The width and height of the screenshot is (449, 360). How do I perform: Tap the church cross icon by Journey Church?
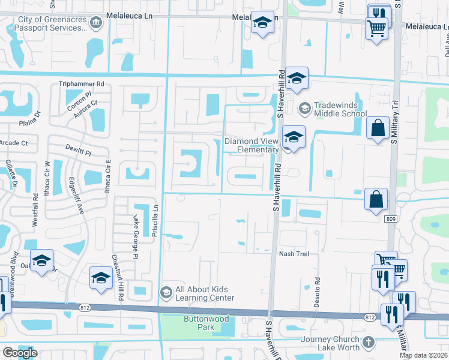[369, 343]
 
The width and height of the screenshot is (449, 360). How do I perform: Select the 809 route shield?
[391, 220]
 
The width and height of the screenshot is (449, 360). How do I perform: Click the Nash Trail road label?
[294, 254]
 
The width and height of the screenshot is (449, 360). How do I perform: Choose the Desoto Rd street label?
[317, 292]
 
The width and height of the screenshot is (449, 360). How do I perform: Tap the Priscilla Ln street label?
[154, 225]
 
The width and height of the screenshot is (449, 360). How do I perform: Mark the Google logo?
[20, 353]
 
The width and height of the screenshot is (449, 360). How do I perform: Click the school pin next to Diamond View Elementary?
[294, 137]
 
